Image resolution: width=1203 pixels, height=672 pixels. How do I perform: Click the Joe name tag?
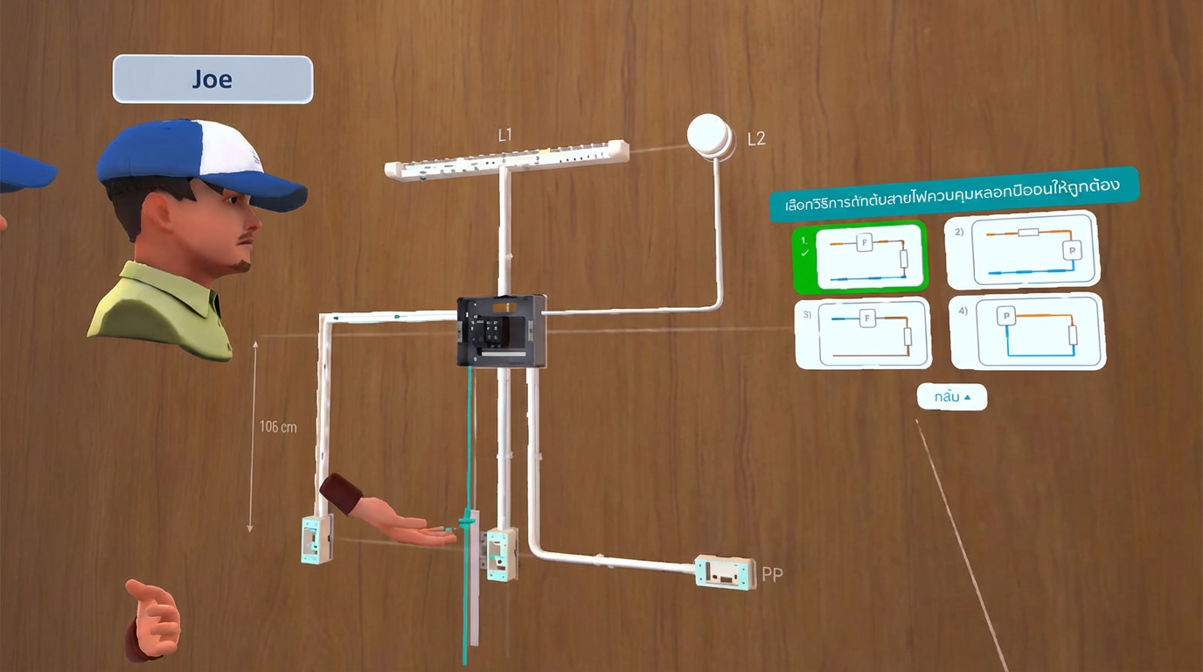click(x=212, y=79)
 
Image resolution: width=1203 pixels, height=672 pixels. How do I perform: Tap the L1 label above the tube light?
click(x=504, y=135)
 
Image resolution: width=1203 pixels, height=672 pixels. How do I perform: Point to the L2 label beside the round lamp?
click(x=756, y=139)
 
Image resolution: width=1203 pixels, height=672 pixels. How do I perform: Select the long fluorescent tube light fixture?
click(x=506, y=160)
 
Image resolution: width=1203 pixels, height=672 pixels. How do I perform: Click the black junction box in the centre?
click(x=502, y=331)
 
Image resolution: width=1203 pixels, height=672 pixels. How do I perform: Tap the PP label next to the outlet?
click(x=772, y=575)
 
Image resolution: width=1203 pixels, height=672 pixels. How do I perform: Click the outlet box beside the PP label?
click(x=725, y=572)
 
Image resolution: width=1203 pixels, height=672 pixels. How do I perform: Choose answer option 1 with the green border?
click(x=860, y=257)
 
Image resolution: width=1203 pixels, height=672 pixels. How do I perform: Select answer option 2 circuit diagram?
click(x=1022, y=250)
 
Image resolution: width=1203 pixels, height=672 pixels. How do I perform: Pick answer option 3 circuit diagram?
click(x=863, y=333)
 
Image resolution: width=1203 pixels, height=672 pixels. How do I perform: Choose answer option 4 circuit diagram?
click(x=1028, y=332)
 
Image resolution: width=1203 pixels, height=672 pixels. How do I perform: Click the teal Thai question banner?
click(x=954, y=194)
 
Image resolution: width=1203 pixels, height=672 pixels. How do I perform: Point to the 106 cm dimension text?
click(x=278, y=427)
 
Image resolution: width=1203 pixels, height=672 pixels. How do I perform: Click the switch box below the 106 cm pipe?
click(x=317, y=539)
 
